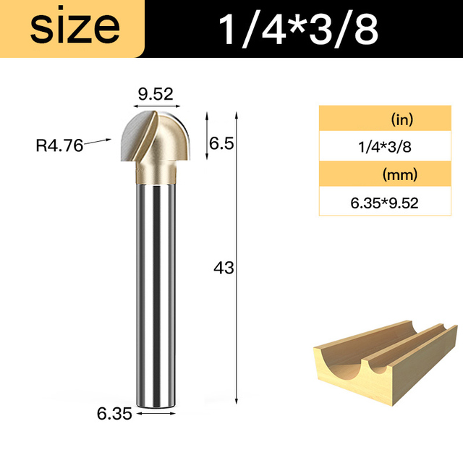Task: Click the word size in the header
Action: pyautogui.click(x=75, y=28)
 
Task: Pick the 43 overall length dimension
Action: pyautogui.click(x=224, y=268)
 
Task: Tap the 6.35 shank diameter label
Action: pyautogui.click(x=114, y=414)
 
